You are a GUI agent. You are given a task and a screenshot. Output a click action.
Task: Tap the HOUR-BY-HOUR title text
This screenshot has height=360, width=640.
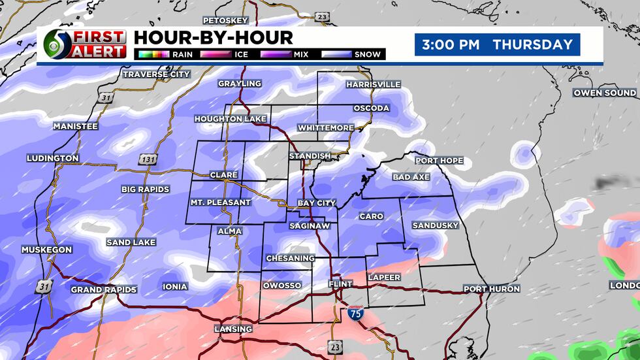[x=213, y=37]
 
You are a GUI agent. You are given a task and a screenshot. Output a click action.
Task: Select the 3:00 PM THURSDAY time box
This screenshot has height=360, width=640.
[x=497, y=45]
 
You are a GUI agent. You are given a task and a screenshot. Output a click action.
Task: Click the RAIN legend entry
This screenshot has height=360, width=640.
[x=163, y=54]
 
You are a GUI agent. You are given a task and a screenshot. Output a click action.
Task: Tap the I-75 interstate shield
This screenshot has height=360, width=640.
[x=355, y=313]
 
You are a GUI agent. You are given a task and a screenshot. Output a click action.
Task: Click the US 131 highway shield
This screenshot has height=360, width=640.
[x=146, y=159]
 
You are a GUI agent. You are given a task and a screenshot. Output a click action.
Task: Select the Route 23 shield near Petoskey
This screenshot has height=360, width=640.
[x=321, y=17]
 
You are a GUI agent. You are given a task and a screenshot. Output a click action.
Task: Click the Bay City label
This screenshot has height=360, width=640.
[x=316, y=203]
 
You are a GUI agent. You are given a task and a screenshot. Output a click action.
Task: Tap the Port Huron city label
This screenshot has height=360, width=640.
[x=491, y=289]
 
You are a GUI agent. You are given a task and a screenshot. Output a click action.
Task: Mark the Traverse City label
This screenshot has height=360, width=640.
[x=157, y=74]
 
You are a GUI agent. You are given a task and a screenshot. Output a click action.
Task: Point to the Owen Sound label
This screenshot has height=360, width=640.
[x=605, y=93]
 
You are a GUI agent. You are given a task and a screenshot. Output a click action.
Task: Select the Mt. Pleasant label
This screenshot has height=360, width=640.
[x=220, y=203]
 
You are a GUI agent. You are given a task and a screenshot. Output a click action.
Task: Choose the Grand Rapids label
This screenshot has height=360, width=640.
[x=103, y=289]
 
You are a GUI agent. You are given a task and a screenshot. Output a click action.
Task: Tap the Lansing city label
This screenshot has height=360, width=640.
[x=233, y=329]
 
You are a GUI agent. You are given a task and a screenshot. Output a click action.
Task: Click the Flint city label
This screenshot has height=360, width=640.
[x=340, y=284]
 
